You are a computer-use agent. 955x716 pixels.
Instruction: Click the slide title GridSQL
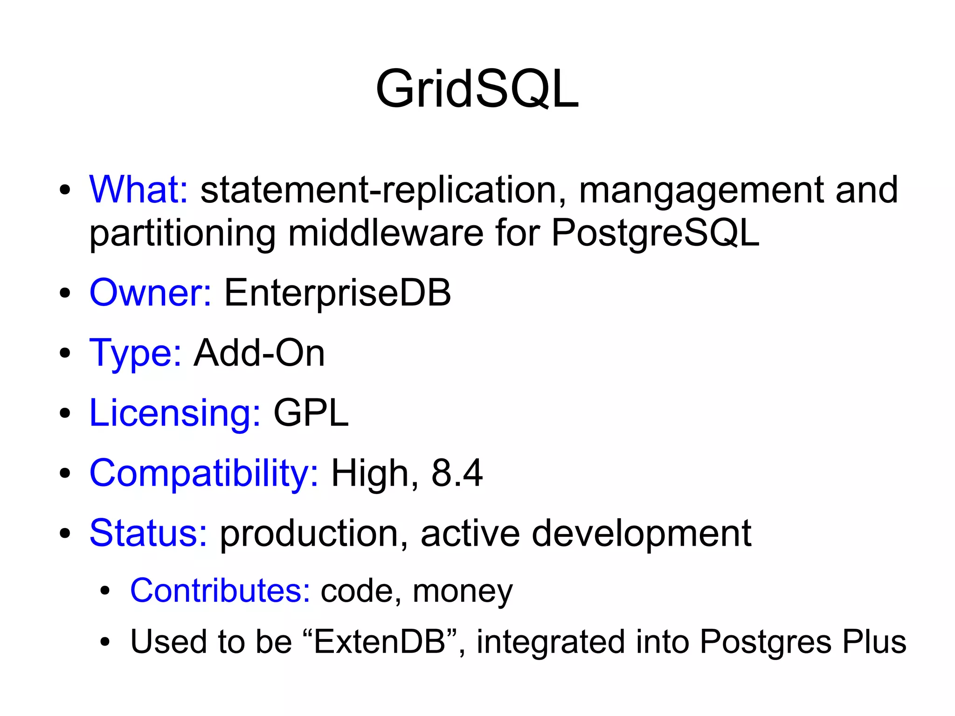[x=477, y=89]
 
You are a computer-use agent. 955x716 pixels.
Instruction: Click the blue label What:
[x=138, y=189]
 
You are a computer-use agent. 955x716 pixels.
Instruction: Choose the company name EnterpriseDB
[x=338, y=293]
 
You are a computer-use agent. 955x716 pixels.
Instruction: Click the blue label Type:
[x=135, y=353]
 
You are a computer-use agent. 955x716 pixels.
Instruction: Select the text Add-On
[x=259, y=353]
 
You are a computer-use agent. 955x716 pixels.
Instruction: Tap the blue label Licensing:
[x=175, y=413]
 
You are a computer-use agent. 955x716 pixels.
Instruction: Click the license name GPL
[x=311, y=413]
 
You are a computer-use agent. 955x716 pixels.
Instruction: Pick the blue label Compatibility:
[x=204, y=473]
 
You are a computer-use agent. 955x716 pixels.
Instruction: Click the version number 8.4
[x=457, y=473]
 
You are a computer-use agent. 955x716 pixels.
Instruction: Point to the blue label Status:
[x=148, y=533]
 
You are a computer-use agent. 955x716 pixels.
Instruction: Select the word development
[x=641, y=534]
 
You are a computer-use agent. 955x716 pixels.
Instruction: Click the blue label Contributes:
[x=220, y=591]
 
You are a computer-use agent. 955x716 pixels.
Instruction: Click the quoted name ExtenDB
[x=380, y=641]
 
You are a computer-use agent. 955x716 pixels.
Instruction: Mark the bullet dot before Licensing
[x=65, y=413]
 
